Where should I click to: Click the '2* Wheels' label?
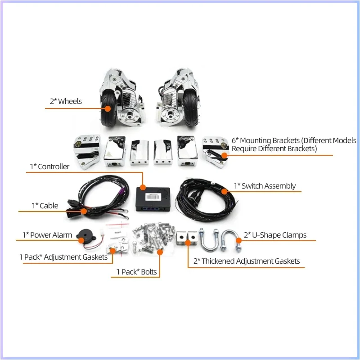click(x=66, y=101)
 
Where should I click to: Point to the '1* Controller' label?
click(x=49, y=166)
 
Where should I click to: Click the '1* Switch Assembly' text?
click(x=265, y=186)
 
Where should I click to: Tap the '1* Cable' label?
click(x=45, y=206)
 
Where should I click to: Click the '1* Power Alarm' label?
click(x=47, y=235)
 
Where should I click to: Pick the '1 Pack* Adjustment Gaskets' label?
click(x=63, y=257)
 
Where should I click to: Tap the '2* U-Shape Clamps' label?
click(x=275, y=235)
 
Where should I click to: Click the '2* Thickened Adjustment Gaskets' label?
click(x=247, y=261)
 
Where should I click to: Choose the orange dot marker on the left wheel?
click(x=108, y=108)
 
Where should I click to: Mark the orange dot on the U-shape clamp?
click(x=238, y=241)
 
